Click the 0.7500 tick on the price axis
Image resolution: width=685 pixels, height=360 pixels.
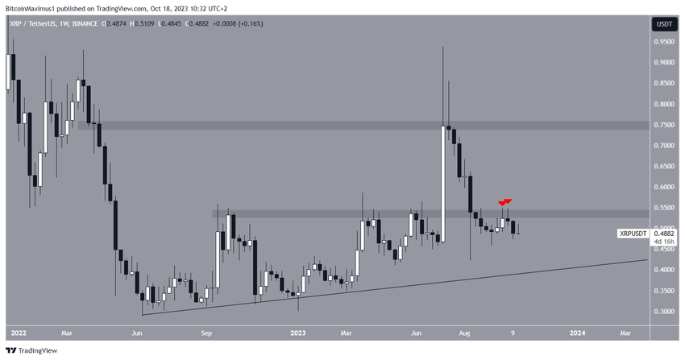pyautogui.click(x=665, y=125)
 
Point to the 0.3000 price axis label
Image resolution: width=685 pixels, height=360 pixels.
pyautogui.click(x=665, y=312)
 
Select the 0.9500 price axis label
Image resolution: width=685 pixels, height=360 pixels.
pyautogui.click(x=665, y=42)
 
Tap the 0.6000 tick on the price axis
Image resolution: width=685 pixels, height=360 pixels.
pyautogui.click(x=665, y=187)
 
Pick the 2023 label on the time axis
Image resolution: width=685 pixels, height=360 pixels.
pyautogui.click(x=299, y=332)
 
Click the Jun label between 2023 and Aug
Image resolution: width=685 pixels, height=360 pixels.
pyautogui.click(x=418, y=332)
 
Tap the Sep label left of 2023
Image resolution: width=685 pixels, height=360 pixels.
pyautogui.click(x=206, y=332)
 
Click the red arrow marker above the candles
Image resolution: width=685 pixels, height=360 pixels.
pyautogui.click(x=505, y=201)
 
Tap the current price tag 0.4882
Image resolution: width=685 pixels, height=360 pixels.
pyautogui.click(x=665, y=234)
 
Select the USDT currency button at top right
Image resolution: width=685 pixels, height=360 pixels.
pyautogui.click(x=665, y=25)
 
